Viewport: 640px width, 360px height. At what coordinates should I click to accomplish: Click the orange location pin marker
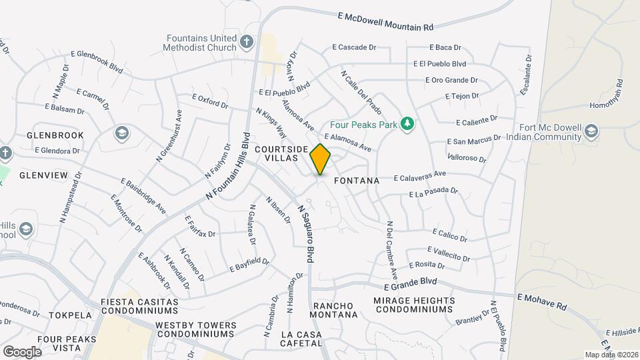(x=321, y=159)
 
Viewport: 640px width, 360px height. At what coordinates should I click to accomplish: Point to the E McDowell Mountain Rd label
(x=385, y=21)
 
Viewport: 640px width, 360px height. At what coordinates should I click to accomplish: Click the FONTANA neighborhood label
(x=356, y=181)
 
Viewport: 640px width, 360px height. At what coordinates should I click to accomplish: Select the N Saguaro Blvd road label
(x=306, y=233)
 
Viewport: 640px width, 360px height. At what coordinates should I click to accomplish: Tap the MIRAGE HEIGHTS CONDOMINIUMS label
(x=414, y=305)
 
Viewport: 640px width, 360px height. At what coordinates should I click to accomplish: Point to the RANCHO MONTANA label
(x=335, y=310)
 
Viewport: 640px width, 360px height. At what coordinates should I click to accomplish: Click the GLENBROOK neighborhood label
(x=55, y=135)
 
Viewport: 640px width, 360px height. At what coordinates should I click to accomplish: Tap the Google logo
(x=22, y=351)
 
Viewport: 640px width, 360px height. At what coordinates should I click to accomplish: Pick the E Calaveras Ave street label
(x=419, y=176)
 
